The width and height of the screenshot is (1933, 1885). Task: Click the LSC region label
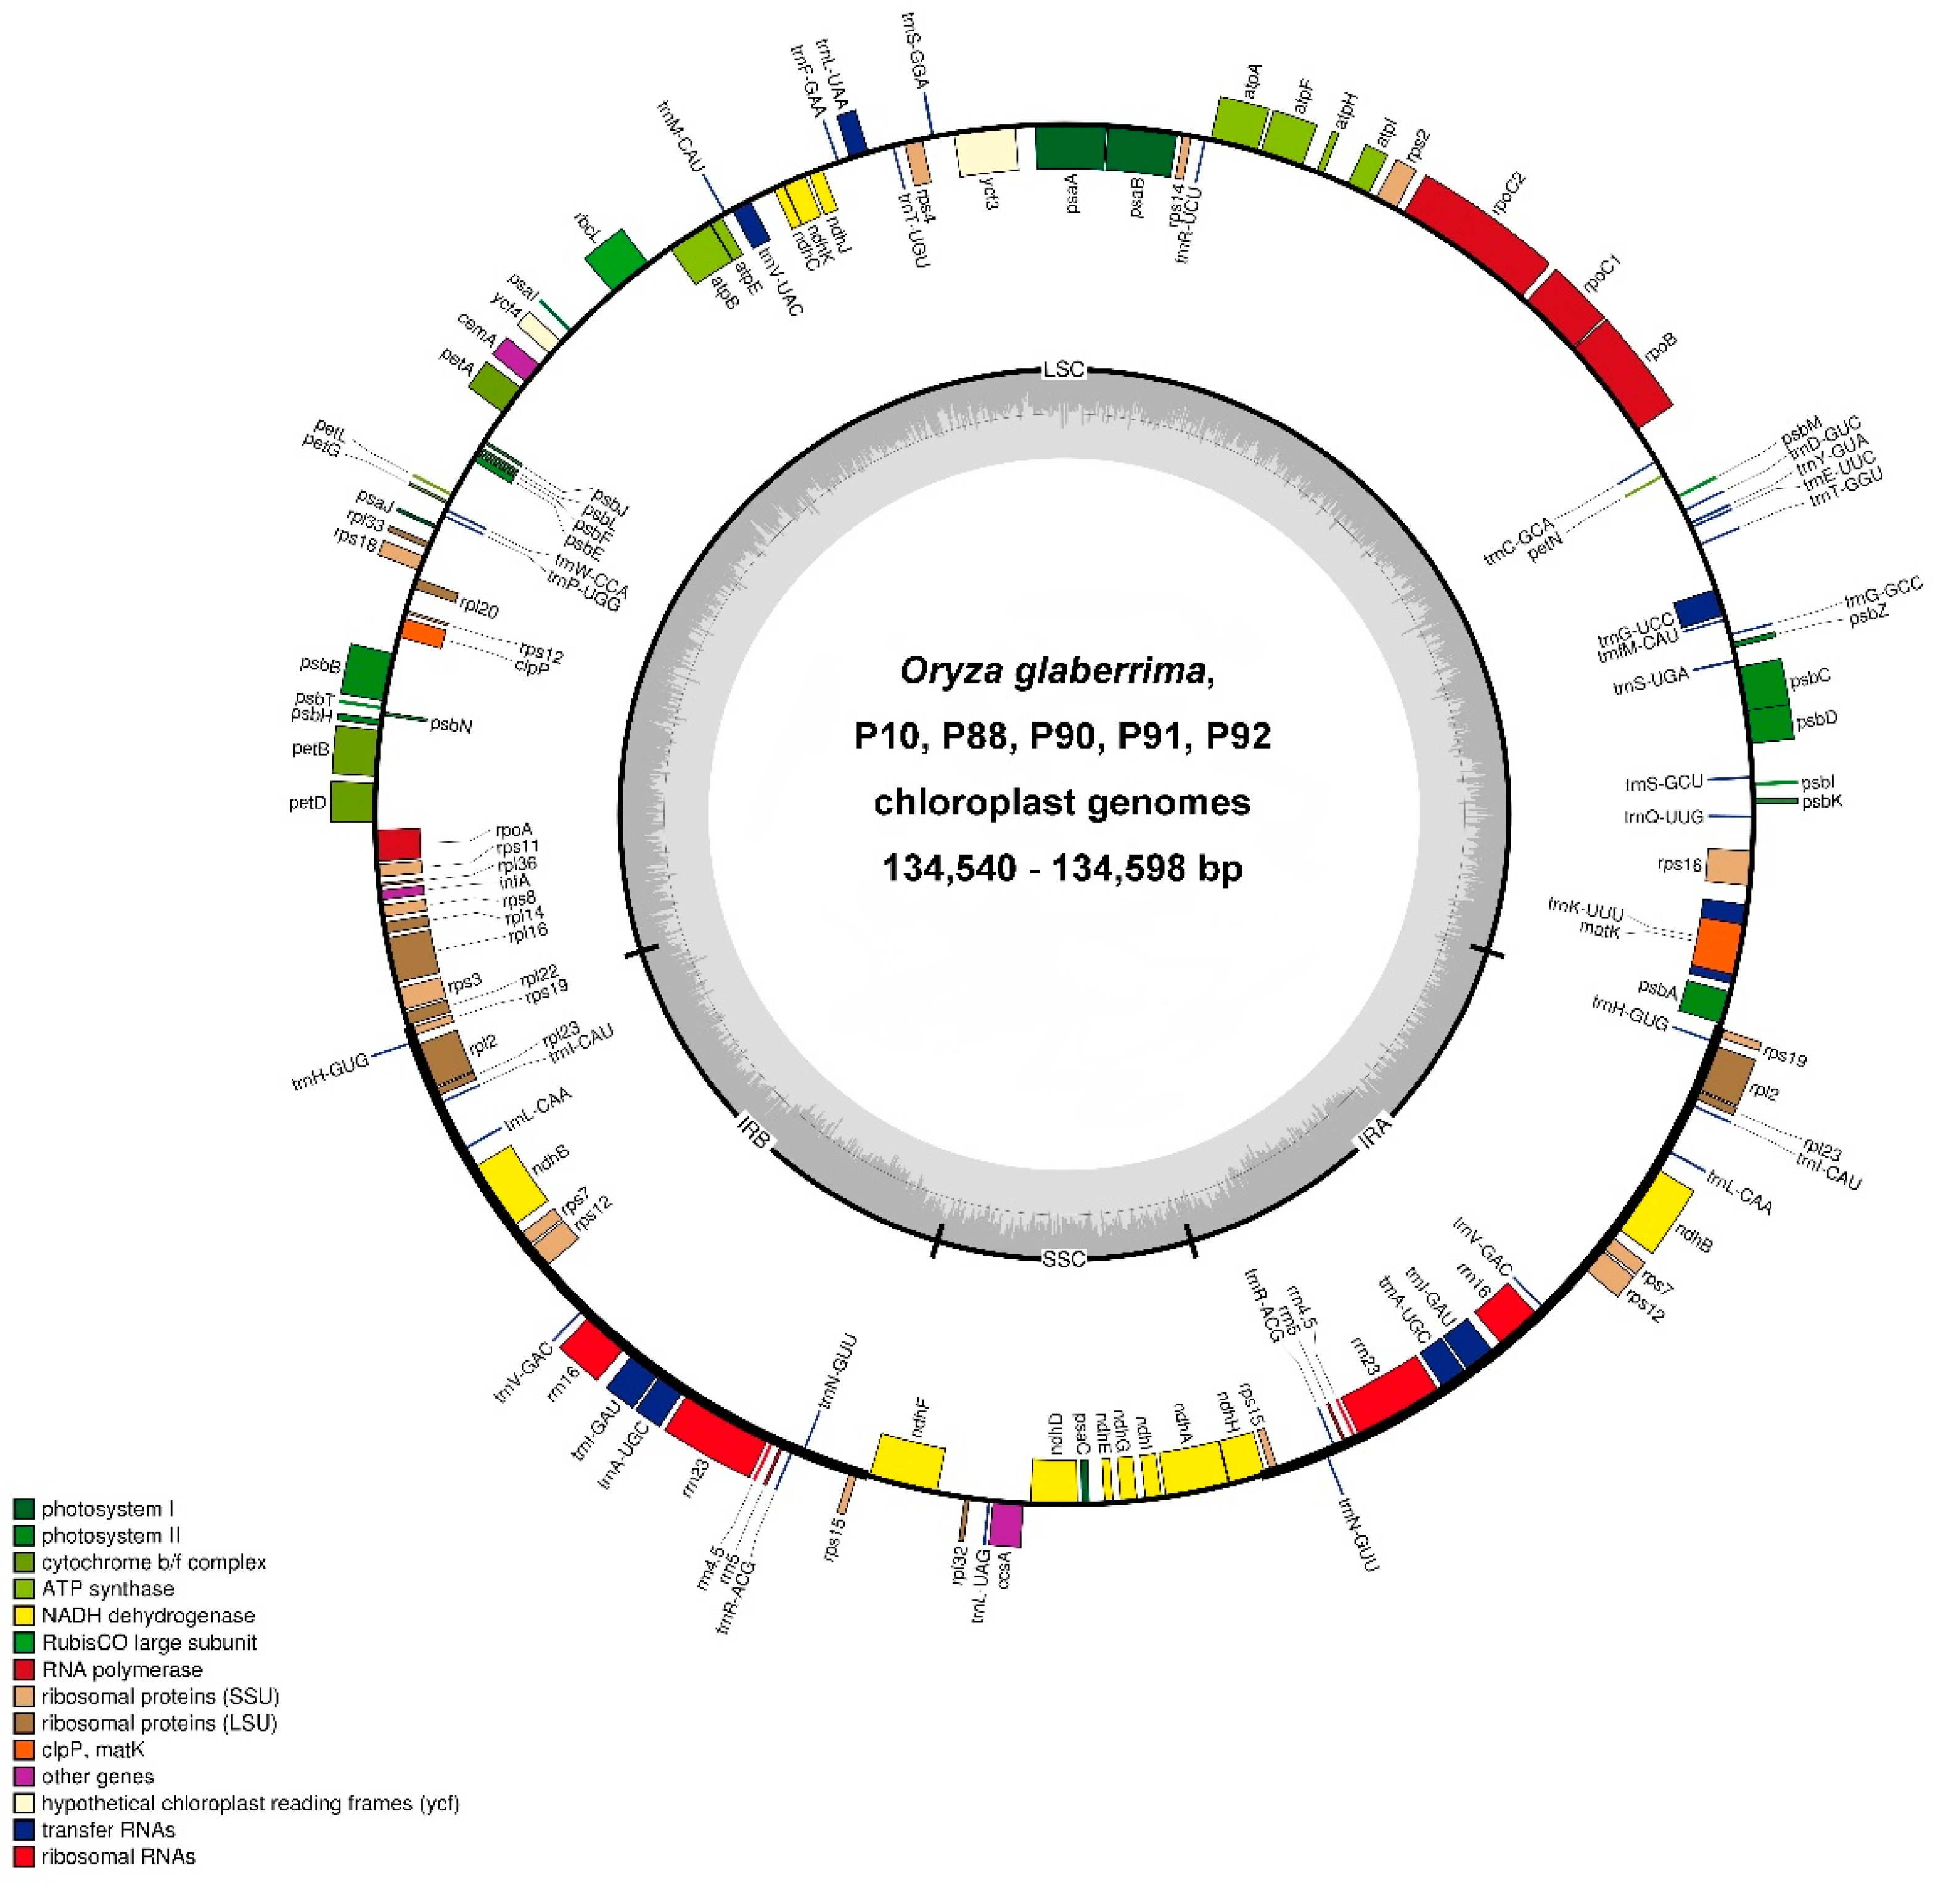[1064, 369]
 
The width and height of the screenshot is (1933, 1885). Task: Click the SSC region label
[1064, 1259]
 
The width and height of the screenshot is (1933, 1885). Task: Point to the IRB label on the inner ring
[753, 1132]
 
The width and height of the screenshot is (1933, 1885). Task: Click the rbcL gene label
[587, 230]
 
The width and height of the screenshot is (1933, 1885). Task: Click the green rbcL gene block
[616, 260]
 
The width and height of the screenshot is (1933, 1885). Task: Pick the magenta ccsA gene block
[1006, 1526]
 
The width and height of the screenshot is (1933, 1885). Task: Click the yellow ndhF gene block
[907, 1459]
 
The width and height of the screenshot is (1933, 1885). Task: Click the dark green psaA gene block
[1070, 149]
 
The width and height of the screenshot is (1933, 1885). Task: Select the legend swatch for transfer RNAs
[24, 1830]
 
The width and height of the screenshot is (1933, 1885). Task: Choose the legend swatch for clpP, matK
[24, 1749]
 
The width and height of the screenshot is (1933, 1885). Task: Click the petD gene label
[307, 803]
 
